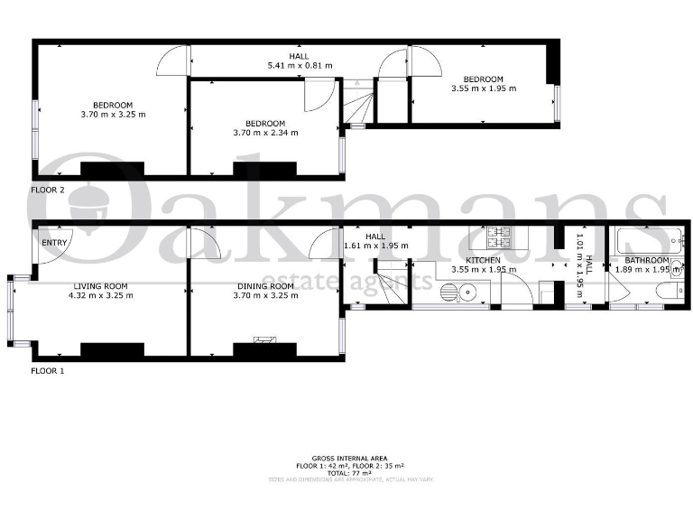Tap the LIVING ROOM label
(x=103, y=285)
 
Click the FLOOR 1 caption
(x=48, y=370)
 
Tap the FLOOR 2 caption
(x=48, y=190)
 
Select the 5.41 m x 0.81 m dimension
(x=300, y=65)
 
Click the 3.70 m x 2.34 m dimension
(x=265, y=133)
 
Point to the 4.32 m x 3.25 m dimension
(x=103, y=295)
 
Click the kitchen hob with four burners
(x=501, y=238)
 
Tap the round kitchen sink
(x=466, y=292)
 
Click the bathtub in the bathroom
(x=642, y=241)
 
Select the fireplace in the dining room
(x=264, y=340)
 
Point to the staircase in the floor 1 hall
(x=392, y=274)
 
